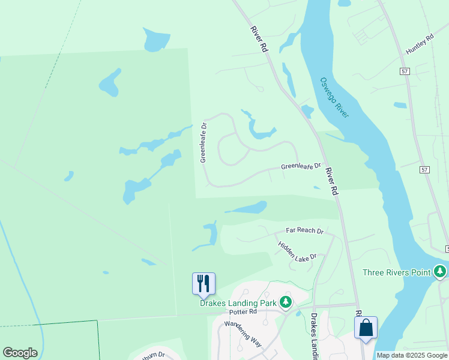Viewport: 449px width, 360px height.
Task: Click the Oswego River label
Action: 334,98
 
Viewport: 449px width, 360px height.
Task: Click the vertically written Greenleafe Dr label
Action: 203,143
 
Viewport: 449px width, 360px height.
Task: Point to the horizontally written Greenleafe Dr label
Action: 301,166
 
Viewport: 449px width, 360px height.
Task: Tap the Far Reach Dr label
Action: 304,230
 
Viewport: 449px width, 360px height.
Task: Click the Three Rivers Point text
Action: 397,272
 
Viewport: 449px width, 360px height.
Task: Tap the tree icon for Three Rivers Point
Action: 441,272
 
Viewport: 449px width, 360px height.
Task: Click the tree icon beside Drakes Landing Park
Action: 286,302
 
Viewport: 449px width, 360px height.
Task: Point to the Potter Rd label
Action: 243,312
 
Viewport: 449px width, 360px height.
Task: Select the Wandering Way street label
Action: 243,334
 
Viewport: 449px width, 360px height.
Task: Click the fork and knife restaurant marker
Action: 203,283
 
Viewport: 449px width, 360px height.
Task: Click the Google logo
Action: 20,353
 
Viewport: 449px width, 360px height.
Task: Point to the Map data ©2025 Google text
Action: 412,355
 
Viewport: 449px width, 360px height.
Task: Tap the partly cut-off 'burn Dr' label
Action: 153,355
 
